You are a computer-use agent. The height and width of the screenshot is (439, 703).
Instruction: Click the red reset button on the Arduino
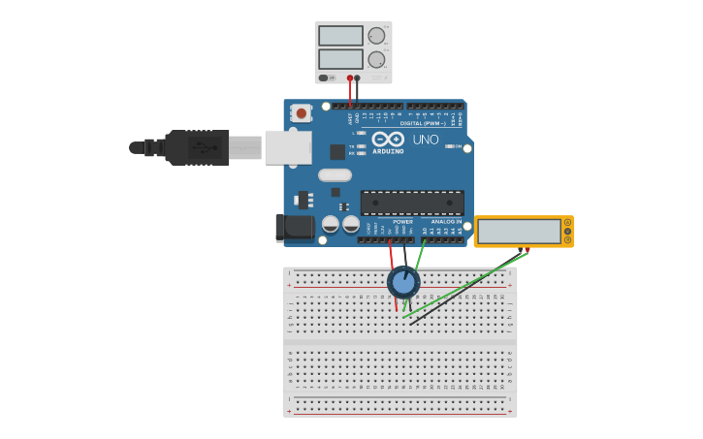[x=301, y=113]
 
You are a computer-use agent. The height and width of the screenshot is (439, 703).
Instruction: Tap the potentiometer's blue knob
[x=403, y=282]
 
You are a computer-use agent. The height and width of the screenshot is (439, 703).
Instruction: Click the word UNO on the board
[x=426, y=140]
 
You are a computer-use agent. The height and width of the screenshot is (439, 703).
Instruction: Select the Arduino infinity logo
[x=388, y=140]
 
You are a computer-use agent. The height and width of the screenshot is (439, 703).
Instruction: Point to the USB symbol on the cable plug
[x=202, y=148]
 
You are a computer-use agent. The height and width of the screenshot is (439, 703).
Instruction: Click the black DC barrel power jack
[x=294, y=228]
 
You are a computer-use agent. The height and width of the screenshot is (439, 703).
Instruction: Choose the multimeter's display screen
[x=520, y=232]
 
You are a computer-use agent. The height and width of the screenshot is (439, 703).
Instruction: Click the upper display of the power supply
[x=340, y=36]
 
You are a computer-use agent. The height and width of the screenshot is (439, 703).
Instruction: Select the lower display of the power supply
[x=340, y=59]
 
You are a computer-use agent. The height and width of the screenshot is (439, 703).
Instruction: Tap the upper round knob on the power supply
[x=376, y=36]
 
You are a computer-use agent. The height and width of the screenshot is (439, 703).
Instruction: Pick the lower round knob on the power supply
[x=376, y=59]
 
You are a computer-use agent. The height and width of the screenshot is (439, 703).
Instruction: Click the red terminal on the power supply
[x=350, y=78]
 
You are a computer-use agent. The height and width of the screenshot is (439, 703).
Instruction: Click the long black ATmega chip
[x=412, y=203]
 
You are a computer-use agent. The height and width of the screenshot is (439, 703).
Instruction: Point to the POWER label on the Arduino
[x=402, y=221]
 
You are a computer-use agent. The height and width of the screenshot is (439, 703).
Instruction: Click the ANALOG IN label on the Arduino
[x=446, y=221]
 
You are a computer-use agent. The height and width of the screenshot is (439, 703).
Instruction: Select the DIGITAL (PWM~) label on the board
[x=423, y=123]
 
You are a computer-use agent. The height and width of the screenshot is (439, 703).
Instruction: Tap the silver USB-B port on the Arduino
[x=288, y=147]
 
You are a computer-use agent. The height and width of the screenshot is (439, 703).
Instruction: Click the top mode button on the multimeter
[x=567, y=223]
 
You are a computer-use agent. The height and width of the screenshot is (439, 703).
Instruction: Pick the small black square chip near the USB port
[x=337, y=152]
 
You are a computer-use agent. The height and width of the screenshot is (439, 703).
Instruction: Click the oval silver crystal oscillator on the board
[x=334, y=175]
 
